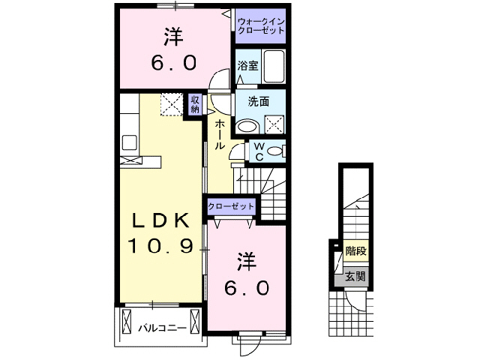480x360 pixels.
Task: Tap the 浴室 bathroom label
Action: click(247, 65)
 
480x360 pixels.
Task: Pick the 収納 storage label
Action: click(194, 103)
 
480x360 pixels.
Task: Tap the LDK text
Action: click(160, 221)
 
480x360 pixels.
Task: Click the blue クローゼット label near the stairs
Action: click(232, 205)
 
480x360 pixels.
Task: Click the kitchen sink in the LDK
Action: click(129, 142)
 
